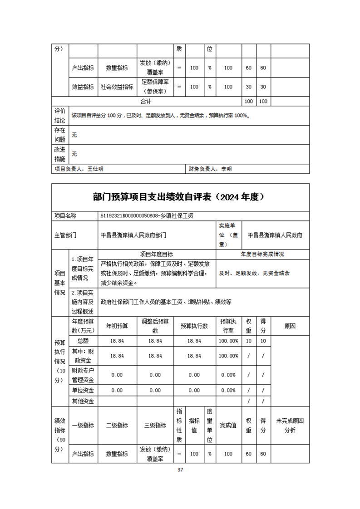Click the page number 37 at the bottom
pyautogui.click(x=180, y=470)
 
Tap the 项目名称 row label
pyautogui.click(x=65, y=216)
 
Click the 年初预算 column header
pyautogui.click(x=117, y=326)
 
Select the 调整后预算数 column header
pyautogui.click(x=155, y=326)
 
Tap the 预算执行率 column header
pyautogui.click(x=228, y=326)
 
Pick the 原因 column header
pyautogui.click(x=290, y=326)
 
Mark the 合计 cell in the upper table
pyautogui.click(x=146, y=101)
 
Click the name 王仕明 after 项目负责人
pyautogui.click(x=95, y=169)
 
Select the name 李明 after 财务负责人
pyautogui.click(x=226, y=169)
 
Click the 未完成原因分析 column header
pyautogui.click(x=290, y=425)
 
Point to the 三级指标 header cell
pyautogui.click(x=155, y=425)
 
